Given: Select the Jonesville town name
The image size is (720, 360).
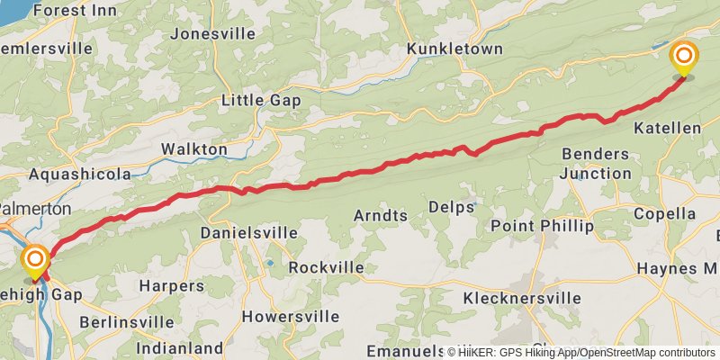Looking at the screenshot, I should pos(212,33).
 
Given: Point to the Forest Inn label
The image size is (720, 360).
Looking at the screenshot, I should pos(77,11).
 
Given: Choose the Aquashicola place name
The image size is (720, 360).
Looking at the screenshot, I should pos(79,174).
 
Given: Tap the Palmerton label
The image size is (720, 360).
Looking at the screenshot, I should pos(36,208).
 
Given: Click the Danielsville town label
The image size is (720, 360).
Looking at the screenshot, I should pos(248,232).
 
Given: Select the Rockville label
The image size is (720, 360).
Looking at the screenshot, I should pos(327,267).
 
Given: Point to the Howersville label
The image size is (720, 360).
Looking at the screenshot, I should pos(291,316).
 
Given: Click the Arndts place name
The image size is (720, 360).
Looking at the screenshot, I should pos(381,215).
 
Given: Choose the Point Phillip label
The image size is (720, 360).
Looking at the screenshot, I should pos(542,225).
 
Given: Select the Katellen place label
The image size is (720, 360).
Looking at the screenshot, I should pos(667,128).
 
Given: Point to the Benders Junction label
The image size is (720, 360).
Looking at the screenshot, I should pos(596,163).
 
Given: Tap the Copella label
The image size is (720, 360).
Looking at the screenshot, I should pos(664,213).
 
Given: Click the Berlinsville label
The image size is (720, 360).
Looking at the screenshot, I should pos(126,321).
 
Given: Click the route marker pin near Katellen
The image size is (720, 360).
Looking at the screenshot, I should pos(684,58).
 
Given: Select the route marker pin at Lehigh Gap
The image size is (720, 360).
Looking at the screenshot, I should pos(36,261).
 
